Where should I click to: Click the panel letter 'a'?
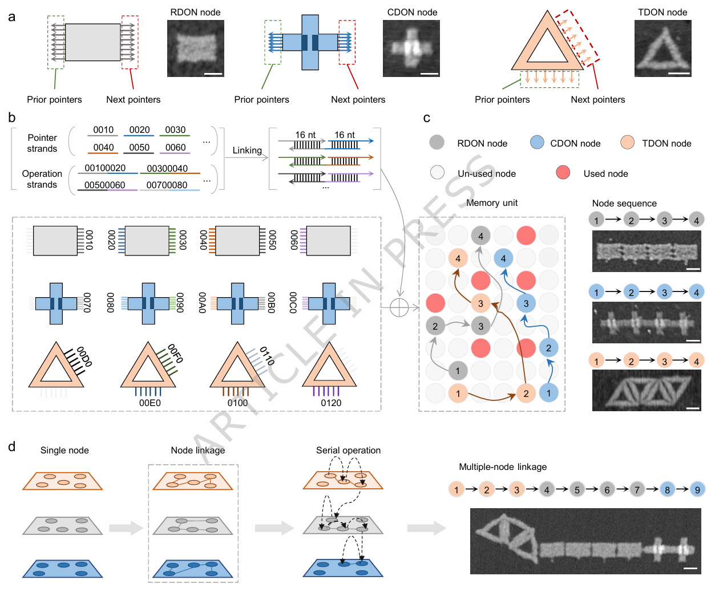[x=12, y=17]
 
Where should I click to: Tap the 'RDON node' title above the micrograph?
[x=195, y=12]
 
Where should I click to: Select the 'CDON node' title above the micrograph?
[x=412, y=12]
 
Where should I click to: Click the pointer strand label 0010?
[x=103, y=130]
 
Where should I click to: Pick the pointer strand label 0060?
[x=175, y=147]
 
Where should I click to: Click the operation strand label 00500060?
[x=105, y=185]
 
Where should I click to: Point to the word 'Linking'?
[x=247, y=150]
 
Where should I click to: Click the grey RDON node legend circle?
[x=437, y=143]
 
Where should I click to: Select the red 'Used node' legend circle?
[x=563, y=172]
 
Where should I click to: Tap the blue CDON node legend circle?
[x=537, y=143]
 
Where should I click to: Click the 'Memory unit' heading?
[x=492, y=202]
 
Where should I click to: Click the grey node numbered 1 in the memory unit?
[x=458, y=371]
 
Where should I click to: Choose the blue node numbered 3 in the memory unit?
[x=526, y=303]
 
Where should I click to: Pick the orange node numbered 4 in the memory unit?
[x=458, y=258]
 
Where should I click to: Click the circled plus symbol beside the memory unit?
[x=399, y=307]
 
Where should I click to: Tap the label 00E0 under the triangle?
[x=150, y=403]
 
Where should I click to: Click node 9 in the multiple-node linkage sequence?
[x=697, y=489]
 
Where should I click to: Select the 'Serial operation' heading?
[x=348, y=450]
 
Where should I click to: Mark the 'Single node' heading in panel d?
[x=64, y=450]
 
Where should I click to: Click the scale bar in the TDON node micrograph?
[x=679, y=73]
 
